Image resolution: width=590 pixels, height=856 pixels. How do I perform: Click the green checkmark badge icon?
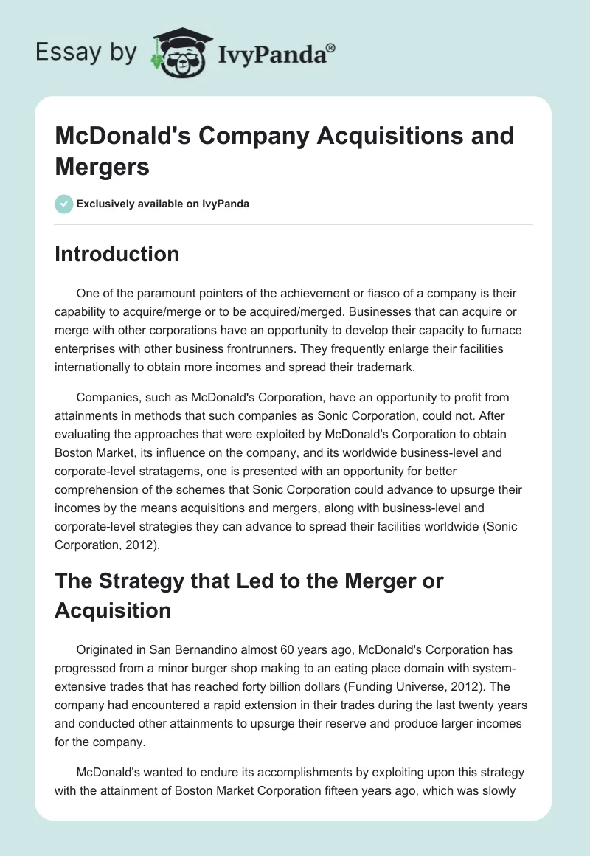[64, 204]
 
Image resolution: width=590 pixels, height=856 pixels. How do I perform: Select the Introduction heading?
[117, 254]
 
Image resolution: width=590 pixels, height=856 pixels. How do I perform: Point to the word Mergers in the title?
[103, 166]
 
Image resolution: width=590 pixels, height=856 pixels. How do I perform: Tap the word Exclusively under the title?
[108, 204]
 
